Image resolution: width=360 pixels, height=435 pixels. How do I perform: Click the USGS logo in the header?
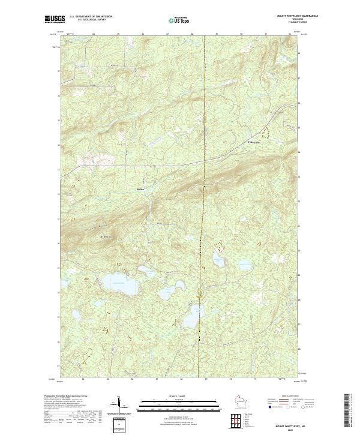(x=55, y=19)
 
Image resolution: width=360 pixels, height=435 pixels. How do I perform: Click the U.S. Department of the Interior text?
(x=91, y=16)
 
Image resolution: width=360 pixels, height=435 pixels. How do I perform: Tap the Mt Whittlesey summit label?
(x=106, y=238)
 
